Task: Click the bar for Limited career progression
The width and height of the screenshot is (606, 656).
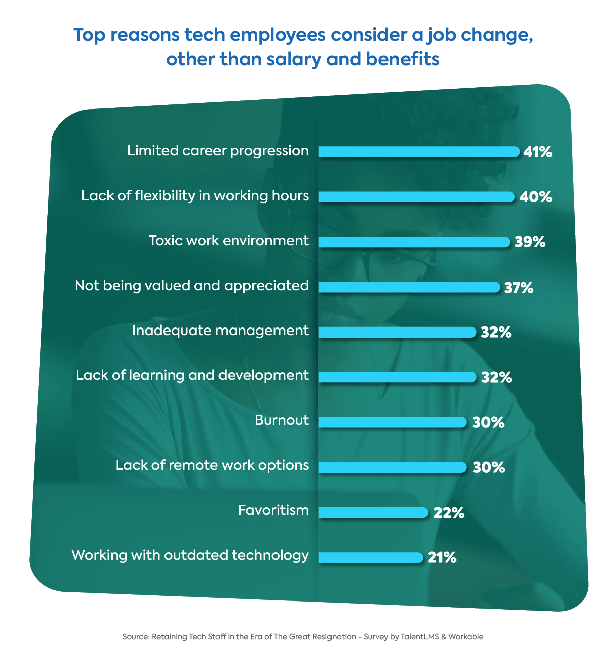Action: click(x=419, y=152)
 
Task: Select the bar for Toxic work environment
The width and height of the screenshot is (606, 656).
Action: click(x=414, y=242)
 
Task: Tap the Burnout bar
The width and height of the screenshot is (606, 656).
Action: click(x=393, y=422)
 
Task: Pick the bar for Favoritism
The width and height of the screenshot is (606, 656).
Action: click(x=373, y=512)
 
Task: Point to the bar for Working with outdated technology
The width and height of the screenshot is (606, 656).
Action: click(x=371, y=557)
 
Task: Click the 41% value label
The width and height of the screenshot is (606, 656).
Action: click(x=538, y=152)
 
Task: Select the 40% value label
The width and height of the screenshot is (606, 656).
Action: click(x=536, y=197)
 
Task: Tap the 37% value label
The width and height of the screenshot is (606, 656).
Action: click(x=519, y=288)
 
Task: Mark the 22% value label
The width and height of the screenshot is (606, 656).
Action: click(x=449, y=513)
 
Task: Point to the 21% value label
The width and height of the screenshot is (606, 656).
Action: click(x=442, y=558)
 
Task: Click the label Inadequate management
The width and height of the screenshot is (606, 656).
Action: click(x=220, y=331)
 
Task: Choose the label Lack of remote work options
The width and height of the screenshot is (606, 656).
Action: click(x=212, y=465)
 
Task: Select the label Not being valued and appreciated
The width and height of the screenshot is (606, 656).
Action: click(x=192, y=286)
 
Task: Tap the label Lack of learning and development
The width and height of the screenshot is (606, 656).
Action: click(x=192, y=375)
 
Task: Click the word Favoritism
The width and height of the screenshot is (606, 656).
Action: click(x=273, y=510)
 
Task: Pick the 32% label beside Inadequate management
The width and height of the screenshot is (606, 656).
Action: click(x=496, y=333)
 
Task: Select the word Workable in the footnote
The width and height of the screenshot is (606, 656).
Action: click(x=466, y=637)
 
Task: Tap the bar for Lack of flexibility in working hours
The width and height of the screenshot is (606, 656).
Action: click(x=416, y=197)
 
